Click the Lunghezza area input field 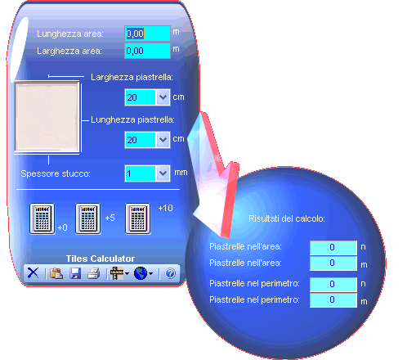147,34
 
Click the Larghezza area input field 147,51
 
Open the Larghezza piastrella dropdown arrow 163,97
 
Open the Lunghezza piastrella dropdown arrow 163,140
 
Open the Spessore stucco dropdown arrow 163,173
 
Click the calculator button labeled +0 42,218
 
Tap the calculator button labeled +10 137,218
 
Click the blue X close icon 33,272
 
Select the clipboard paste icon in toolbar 56,273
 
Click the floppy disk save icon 75,273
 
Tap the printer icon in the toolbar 93,273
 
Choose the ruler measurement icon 117,273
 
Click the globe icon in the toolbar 141,273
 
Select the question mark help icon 170,273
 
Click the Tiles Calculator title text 101,259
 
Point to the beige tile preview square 47,117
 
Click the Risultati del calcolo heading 287,218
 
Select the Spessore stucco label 56,173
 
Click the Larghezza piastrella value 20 132,97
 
